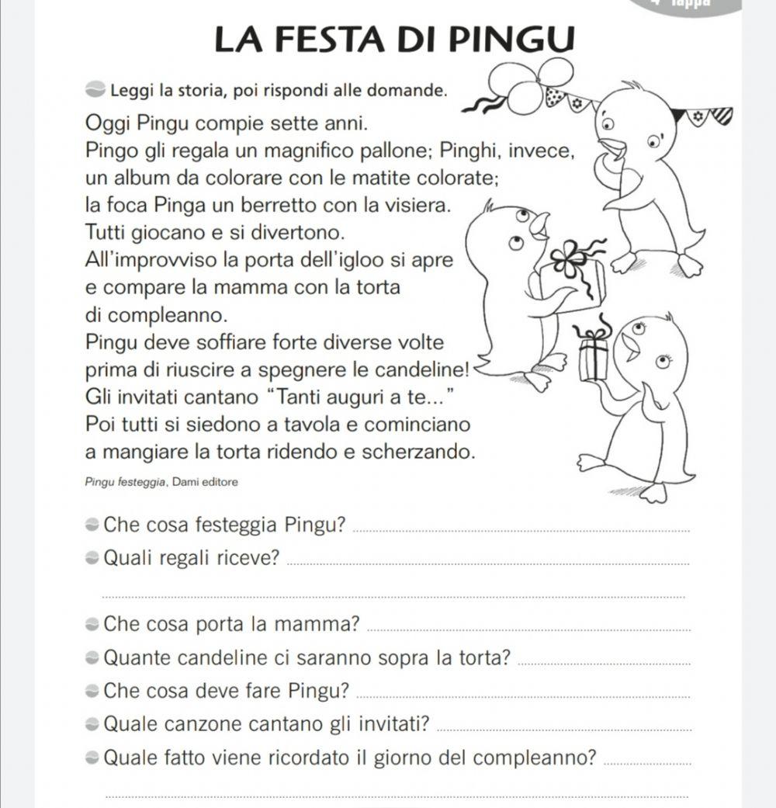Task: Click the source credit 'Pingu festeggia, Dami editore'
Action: click(x=162, y=482)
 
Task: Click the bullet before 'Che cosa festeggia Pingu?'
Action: click(x=92, y=524)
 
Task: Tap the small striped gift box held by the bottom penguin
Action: click(x=594, y=355)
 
